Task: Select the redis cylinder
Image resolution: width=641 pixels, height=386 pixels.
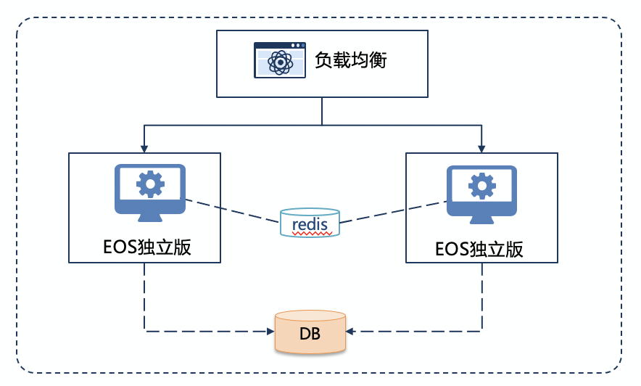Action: point(310,223)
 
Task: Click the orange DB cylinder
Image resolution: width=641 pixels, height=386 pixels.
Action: point(310,332)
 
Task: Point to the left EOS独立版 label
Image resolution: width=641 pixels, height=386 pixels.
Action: point(145,247)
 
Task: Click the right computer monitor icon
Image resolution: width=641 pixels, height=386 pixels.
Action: point(481,191)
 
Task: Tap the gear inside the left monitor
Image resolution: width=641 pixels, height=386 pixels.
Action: point(150,184)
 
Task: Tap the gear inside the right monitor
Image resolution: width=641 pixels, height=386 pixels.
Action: point(481,186)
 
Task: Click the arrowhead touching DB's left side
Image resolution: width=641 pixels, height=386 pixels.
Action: point(270,332)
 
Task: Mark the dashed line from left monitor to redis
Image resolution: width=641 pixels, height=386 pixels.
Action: point(232,211)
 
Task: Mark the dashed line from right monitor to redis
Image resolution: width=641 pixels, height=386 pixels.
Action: point(392,212)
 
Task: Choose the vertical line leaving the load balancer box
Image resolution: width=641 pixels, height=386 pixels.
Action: point(321,110)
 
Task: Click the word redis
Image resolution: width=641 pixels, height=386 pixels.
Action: point(310,225)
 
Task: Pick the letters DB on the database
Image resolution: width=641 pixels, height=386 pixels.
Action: point(310,334)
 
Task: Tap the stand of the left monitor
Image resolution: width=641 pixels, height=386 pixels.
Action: point(150,216)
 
